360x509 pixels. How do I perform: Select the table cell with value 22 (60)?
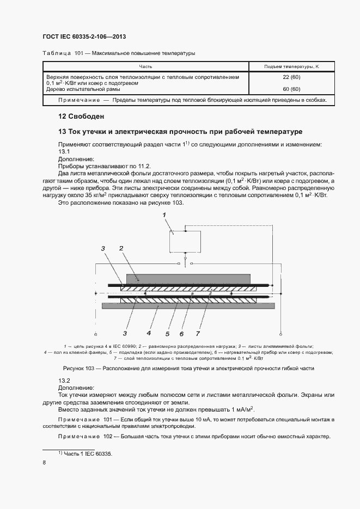[291, 77]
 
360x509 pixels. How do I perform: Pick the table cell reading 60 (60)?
[291, 89]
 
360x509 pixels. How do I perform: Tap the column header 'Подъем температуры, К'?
[291, 66]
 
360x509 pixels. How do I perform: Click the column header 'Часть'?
[145, 66]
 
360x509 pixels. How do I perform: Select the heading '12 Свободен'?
[81, 116]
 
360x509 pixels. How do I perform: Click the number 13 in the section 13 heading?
[62, 132]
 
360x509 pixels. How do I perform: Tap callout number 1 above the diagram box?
[163, 216]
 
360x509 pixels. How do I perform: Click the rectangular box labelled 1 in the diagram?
[186, 241]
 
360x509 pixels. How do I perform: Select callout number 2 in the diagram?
[122, 248]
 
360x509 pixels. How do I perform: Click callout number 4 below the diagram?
[148, 333]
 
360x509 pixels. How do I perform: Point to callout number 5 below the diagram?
[167, 333]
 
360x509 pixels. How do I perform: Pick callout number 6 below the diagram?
[181, 333]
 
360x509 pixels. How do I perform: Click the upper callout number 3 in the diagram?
[102, 248]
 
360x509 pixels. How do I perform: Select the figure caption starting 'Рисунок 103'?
[180, 369]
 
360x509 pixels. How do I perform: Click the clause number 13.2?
[65, 380]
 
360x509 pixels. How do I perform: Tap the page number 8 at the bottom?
[45, 463]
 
